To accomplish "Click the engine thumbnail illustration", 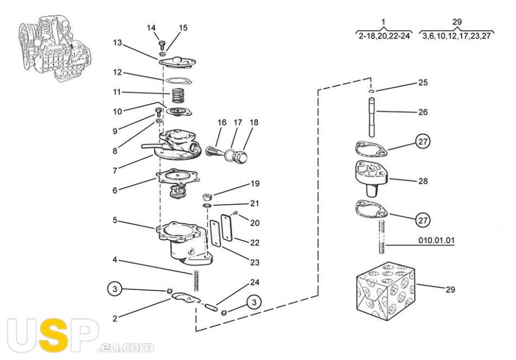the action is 54,48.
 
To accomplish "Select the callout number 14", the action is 151,28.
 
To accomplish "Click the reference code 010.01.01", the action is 436,240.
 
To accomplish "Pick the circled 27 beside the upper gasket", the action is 423,141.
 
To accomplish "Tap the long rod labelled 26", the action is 372,118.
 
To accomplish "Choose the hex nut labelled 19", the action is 207,197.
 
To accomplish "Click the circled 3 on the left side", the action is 114,289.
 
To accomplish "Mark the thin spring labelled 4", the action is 196,280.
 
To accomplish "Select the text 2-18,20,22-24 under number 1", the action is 384,36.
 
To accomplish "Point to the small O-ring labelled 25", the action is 371,91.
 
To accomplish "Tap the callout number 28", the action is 423,181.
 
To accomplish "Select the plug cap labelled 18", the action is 242,158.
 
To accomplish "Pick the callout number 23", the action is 255,262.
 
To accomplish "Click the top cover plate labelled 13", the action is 177,62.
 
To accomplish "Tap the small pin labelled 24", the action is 210,308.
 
